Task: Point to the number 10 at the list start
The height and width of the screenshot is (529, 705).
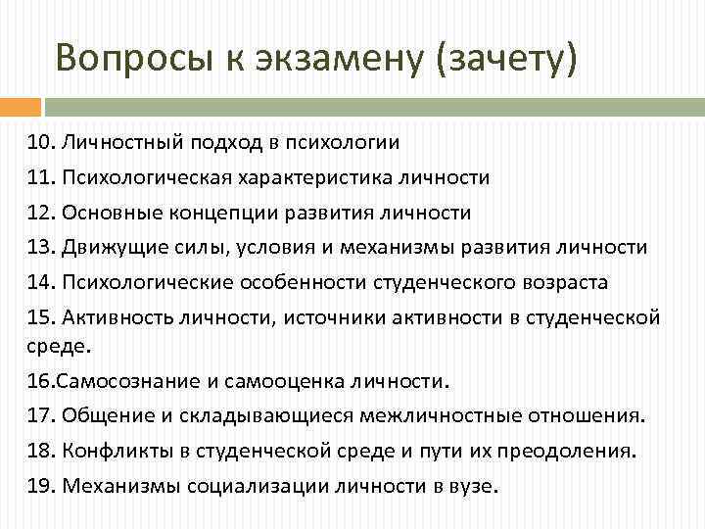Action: (x=40, y=142)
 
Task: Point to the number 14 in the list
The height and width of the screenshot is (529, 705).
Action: (x=40, y=282)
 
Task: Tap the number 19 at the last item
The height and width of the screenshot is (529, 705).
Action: (x=40, y=485)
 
